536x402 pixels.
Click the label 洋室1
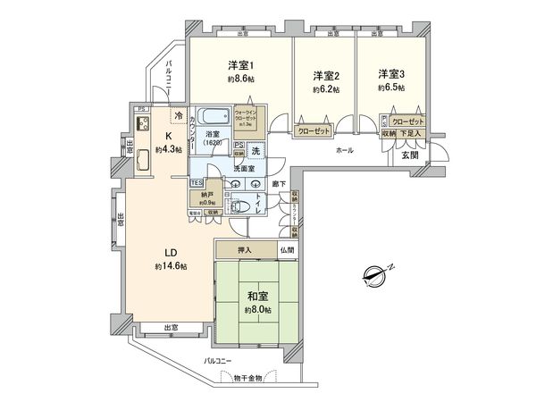[240, 64]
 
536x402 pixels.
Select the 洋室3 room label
[391, 72]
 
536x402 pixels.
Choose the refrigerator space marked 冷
[179, 117]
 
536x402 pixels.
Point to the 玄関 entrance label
[408, 155]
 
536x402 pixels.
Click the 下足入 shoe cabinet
[411, 132]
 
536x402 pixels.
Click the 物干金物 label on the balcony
[246, 378]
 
